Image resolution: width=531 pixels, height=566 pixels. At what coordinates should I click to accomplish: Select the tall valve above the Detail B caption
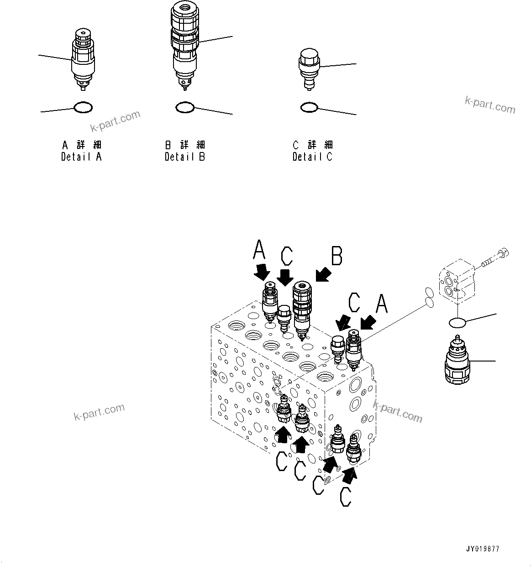click(x=185, y=43)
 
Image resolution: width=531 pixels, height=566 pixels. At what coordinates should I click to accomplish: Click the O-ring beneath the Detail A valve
click(x=83, y=108)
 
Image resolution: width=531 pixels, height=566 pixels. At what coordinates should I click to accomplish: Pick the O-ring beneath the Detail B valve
click(x=185, y=107)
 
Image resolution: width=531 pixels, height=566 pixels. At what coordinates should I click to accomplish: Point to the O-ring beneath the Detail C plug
click(x=309, y=107)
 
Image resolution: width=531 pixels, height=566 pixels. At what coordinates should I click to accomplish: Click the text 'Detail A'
click(x=82, y=157)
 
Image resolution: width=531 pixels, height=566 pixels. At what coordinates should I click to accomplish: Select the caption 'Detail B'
click(x=185, y=157)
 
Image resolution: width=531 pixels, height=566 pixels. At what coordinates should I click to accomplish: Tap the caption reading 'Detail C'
click(x=313, y=157)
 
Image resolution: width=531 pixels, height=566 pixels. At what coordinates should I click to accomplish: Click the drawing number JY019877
click(x=483, y=549)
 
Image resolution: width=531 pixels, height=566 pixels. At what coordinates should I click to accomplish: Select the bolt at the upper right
click(x=495, y=257)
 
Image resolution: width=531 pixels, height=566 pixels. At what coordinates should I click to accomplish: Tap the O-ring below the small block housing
click(x=457, y=323)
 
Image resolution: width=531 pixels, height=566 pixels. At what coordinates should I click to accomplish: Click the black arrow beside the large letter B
click(x=323, y=275)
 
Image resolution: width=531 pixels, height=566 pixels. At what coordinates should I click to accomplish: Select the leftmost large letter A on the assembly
click(x=259, y=250)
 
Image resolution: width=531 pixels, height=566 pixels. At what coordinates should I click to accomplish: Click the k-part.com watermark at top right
click(x=490, y=105)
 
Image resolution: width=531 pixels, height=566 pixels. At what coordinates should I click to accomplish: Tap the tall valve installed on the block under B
click(x=301, y=308)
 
